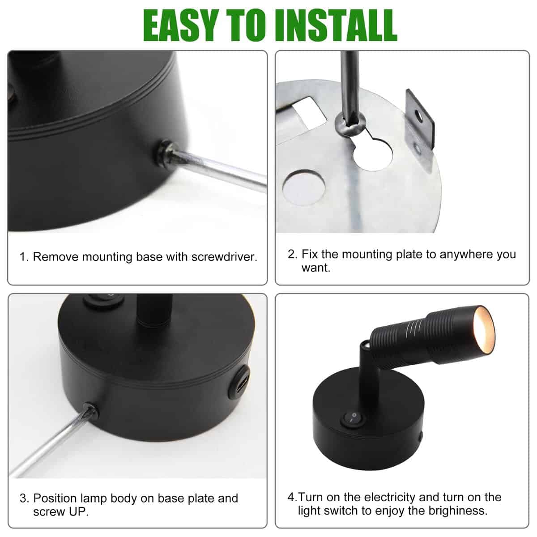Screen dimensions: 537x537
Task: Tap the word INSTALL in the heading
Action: pos(337,26)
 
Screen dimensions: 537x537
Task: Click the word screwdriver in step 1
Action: pos(224,257)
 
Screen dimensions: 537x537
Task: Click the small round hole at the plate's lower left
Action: pos(304,187)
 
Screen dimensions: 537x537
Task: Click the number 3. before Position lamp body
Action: pos(24,498)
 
